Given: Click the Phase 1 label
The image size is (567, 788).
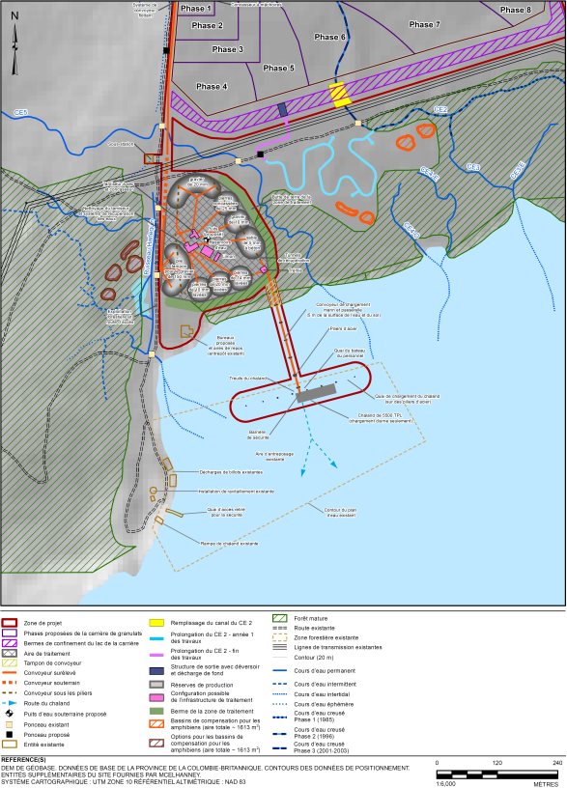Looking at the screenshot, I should click(x=195, y=8).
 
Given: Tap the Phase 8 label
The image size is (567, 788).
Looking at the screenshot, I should click(x=515, y=10).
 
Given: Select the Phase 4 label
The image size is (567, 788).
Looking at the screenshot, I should click(x=212, y=87).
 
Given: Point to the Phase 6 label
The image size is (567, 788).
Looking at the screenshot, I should click(x=330, y=37).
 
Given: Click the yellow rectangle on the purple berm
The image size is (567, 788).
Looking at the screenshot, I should click(x=338, y=93).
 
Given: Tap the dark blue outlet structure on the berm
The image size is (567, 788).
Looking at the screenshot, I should click(x=282, y=110).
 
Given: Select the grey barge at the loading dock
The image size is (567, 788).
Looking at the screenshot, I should click(x=315, y=394).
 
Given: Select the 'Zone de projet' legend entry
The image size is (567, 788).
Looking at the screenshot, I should click(x=43, y=624).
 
